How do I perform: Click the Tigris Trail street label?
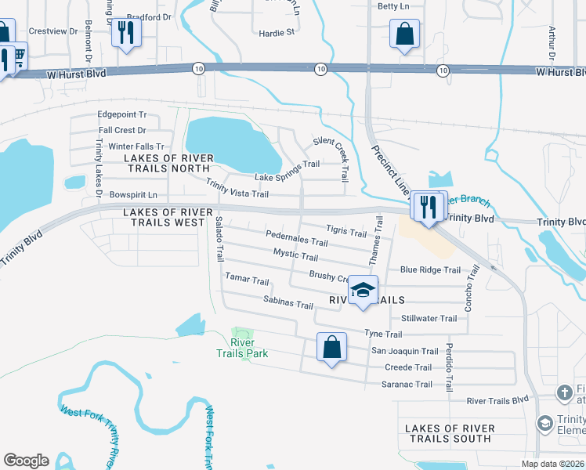point(345,232)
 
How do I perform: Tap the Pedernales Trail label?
point(296,238)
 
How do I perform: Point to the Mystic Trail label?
point(295,255)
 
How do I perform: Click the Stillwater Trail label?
point(429,319)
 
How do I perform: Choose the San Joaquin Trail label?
point(404,351)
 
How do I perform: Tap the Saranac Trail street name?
point(407,384)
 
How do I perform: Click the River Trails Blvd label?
point(498,400)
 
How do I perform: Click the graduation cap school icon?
point(363,291)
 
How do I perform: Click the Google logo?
point(26,460)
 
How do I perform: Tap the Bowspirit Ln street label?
point(133,194)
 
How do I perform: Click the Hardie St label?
point(277,33)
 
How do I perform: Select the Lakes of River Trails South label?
point(450,433)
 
